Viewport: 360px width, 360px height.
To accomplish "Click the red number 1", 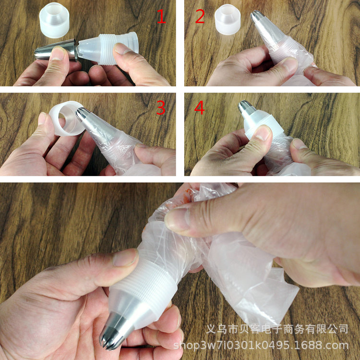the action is [161, 16].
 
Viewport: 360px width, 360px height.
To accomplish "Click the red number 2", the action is [200, 16].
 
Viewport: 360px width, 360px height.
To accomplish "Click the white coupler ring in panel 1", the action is [54, 20].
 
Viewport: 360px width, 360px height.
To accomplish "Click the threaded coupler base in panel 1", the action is [108, 48].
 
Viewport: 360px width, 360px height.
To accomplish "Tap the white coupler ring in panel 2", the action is [228, 20].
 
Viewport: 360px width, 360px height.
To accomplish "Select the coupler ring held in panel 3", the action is [67, 118].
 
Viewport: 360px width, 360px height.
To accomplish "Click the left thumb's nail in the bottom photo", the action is [125, 258].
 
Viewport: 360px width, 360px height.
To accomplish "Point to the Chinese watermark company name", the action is [277, 329].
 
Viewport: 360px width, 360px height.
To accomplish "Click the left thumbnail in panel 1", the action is [57, 53].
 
